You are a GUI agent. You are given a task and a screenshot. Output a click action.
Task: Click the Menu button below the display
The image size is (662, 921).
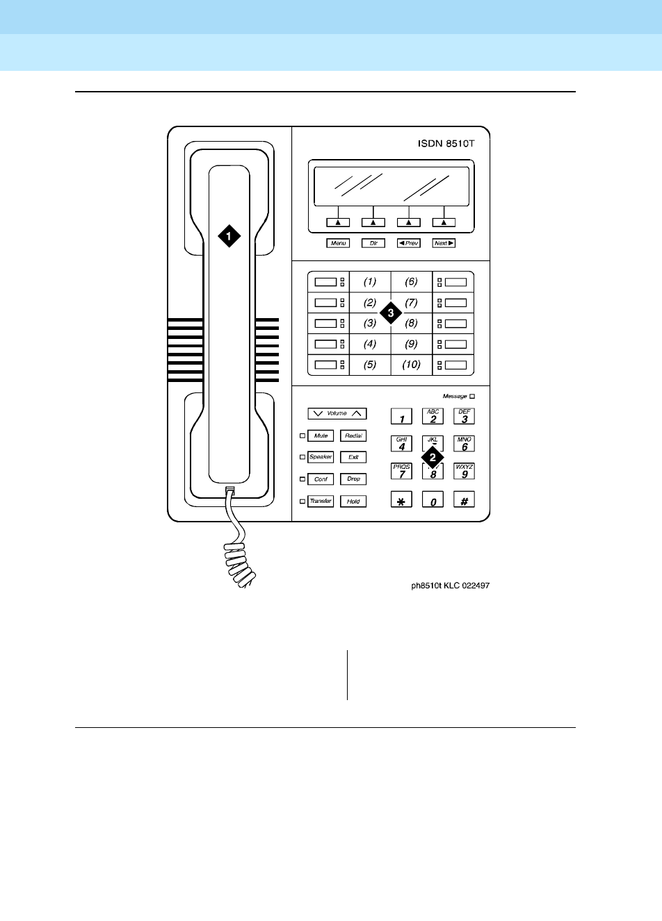click(338, 243)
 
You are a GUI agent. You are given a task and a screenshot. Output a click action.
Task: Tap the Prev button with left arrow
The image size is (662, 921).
click(408, 243)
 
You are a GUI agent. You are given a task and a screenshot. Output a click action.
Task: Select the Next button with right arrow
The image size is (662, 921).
click(444, 243)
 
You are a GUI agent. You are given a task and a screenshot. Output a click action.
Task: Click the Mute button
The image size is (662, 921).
click(321, 435)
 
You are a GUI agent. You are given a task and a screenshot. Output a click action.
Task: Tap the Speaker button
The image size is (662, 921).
click(321, 457)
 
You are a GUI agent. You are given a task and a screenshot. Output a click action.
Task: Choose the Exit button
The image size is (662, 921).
click(353, 457)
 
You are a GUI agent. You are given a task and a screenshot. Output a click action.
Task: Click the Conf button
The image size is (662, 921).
click(321, 479)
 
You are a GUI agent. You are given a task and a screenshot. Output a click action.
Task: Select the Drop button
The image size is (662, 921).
click(353, 479)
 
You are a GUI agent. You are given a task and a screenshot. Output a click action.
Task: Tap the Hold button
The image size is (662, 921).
click(353, 501)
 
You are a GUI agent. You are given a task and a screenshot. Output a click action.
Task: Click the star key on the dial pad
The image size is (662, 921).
click(401, 500)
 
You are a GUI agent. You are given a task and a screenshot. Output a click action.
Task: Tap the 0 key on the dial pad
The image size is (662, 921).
click(433, 500)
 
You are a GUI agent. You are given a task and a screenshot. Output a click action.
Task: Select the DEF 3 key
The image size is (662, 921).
click(465, 416)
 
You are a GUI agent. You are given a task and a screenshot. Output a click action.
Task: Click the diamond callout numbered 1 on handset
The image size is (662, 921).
click(229, 235)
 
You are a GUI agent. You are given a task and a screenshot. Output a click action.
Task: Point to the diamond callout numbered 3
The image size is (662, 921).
click(391, 313)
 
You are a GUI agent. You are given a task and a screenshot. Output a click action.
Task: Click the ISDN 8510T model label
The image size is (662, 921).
click(450, 144)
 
